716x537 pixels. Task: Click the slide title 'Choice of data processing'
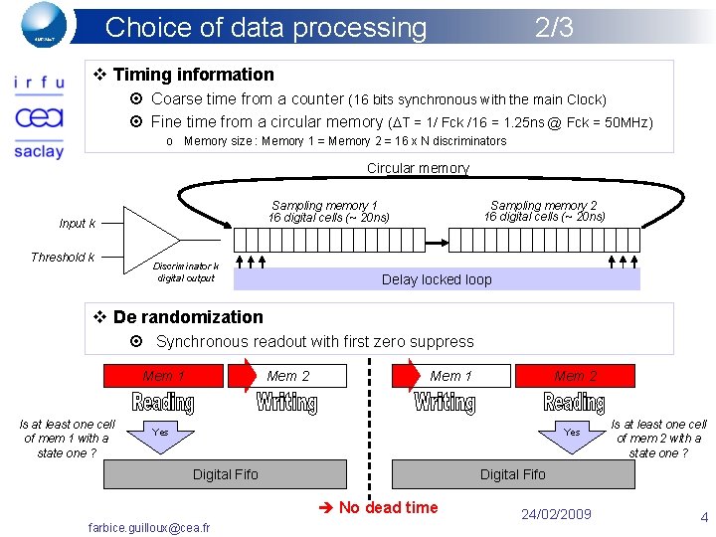click(x=266, y=27)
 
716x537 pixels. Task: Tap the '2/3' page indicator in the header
click(x=554, y=27)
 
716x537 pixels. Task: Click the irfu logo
click(x=39, y=85)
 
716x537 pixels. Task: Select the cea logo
click(x=39, y=117)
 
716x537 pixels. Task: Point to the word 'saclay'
click(x=39, y=151)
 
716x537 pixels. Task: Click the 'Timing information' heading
click(x=193, y=75)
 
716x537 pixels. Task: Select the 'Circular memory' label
click(x=418, y=168)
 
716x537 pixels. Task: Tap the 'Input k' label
click(x=78, y=224)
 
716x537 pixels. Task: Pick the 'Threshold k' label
click(x=63, y=258)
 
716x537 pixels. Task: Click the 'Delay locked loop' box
click(x=437, y=279)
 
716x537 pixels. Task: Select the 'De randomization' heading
click(x=188, y=317)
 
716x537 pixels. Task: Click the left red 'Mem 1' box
click(x=164, y=376)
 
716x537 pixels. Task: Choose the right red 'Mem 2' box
click(x=575, y=376)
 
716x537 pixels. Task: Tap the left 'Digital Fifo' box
click(x=226, y=474)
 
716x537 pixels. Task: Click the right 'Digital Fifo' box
click(x=513, y=474)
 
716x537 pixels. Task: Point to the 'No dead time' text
click(x=388, y=507)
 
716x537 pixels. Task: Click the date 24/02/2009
click(x=556, y=514)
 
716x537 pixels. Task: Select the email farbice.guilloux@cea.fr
click(x=149, y=527)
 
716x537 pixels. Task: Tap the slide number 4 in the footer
click(x=704, y=517)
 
